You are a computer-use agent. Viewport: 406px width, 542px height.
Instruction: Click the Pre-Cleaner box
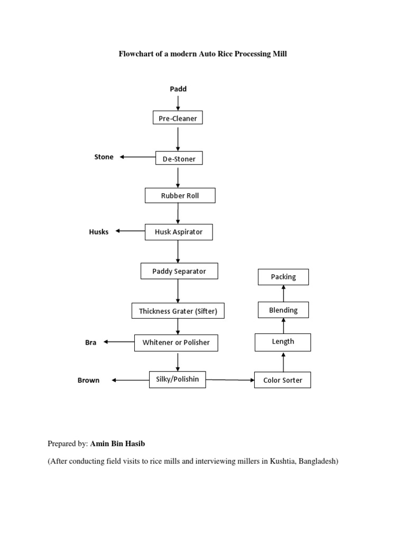[178, 118]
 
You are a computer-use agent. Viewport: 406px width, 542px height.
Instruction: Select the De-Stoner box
[179, 158]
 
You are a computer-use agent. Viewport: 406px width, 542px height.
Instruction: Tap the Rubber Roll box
[180, 195]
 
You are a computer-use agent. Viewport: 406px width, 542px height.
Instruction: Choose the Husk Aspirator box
[179, 232]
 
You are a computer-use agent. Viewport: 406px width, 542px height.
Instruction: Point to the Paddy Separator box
[179, 271]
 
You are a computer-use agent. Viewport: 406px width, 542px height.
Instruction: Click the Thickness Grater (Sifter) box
[178, 311]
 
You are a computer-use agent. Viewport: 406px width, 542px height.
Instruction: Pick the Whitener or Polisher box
[176, 342]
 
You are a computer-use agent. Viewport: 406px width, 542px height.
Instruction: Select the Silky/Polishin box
[177, 379]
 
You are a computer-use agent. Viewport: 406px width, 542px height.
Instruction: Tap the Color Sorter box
[282, 380]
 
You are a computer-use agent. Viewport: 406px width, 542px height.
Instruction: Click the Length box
[283, 342]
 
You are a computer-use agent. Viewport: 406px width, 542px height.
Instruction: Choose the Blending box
[283, 310]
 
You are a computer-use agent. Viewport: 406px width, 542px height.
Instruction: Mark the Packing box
[283, 277]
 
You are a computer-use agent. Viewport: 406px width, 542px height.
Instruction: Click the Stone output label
[104, 157]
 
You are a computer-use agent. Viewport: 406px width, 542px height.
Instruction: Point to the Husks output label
[99, 232]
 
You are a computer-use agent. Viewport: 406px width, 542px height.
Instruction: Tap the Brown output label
[88, 380]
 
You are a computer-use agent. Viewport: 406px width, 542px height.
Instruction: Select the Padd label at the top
[178, 89]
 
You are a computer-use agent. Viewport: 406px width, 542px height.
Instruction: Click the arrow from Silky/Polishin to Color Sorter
[230, 380]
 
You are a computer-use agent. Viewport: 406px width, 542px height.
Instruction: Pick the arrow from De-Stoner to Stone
[137, 157]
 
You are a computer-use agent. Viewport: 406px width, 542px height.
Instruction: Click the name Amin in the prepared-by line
[101, 443]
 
